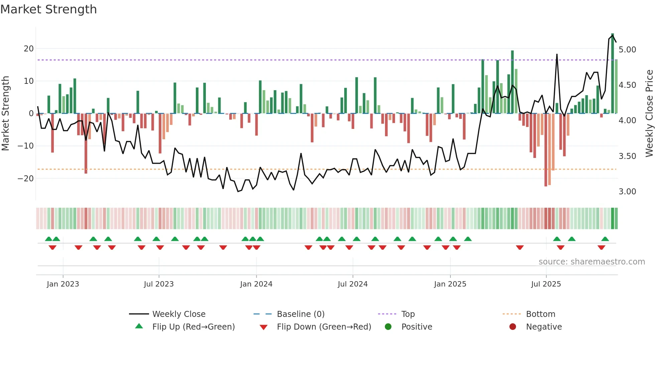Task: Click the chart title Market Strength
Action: [x=48, y=9]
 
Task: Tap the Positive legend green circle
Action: [x=388, y=327]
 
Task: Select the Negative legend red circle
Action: [x=513, y=327]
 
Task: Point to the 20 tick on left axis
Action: [x=29, y=49]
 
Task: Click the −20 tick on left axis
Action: [x=26, y=178]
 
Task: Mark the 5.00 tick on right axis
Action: [x=627, y=50]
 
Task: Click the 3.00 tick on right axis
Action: [x=627, y=192]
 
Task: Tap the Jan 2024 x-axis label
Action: [x=256, y=284]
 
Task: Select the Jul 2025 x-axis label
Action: [x=546, y=284]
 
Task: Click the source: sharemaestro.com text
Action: [x=592, y=262]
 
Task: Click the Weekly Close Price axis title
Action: [x=649, y=114]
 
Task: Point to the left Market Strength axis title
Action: [x=6, y=114]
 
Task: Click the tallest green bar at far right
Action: [x=613, y=73]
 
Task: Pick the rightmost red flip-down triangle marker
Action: [x=601, y=247]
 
